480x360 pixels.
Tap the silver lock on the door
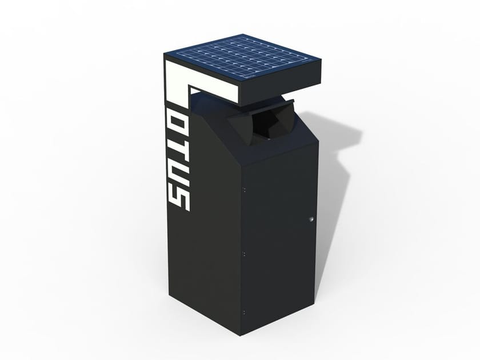click(311, 219)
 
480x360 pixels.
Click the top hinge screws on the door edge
click(243, 189)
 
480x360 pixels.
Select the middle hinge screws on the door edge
click(243, 252)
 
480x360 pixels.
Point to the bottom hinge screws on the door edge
click(243, 312)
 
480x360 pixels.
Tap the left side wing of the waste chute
click(240, 127)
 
